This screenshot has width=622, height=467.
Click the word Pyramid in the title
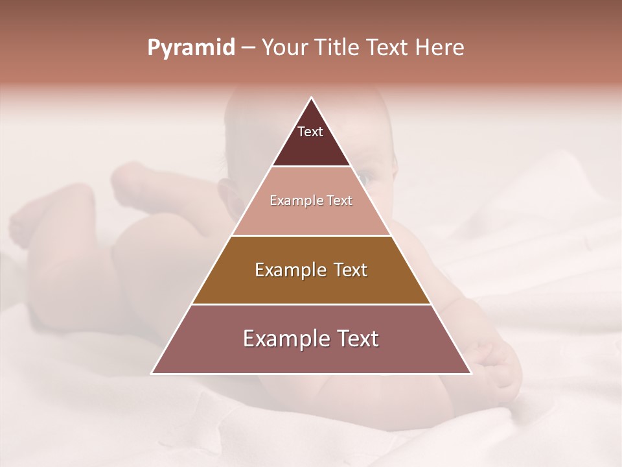(190, 48)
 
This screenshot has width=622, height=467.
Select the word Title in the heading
(337, 48)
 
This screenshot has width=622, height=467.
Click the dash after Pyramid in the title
(248, 48)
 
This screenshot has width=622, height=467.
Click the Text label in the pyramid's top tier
(310, 132)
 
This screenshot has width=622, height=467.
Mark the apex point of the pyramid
(312, 98)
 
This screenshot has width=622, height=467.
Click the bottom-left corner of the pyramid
(152, 374)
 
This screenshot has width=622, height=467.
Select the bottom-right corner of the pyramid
(471, 374)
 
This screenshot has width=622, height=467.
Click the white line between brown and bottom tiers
(312, 305)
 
